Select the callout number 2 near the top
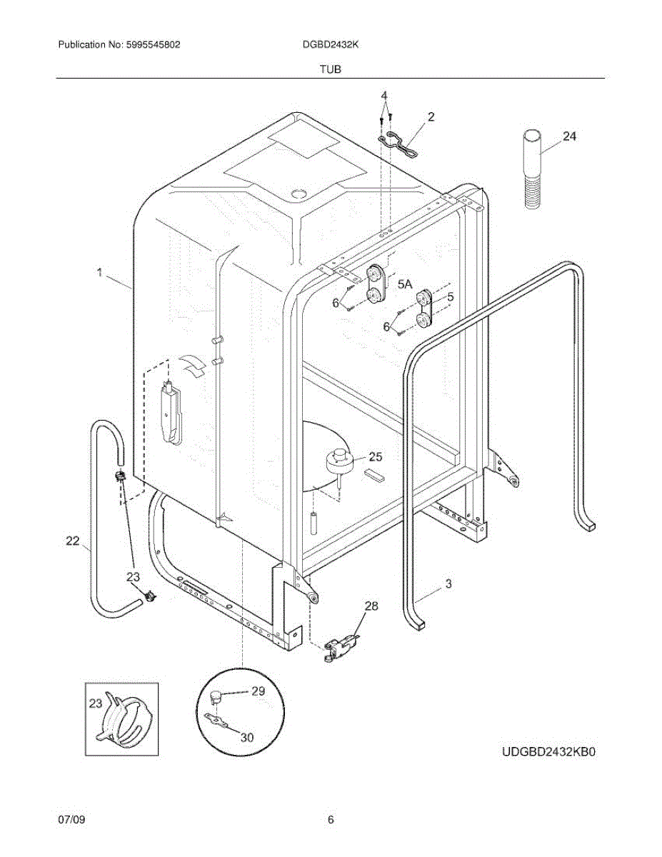pos(431,116)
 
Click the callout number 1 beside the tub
pos(100,272)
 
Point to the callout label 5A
pos(405,284)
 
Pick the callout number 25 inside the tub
pos(375,456)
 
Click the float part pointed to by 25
pos(340,461)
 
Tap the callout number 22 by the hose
pos(73,541)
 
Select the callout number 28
pos(371,606)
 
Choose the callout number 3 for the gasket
pos(448,583)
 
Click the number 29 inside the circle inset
pos(258,691)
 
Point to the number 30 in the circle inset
pos(246,738)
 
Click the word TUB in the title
pos(331,69)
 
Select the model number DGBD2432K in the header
pos(331,44)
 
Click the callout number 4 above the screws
pos(384,95)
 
